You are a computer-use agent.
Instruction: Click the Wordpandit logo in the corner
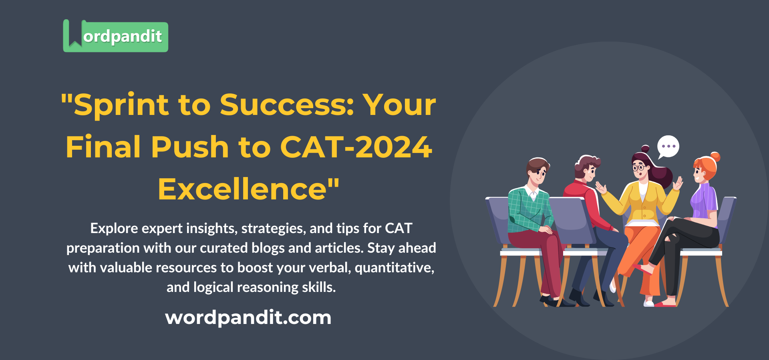point(115,36)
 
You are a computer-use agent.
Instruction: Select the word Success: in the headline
point(287,105)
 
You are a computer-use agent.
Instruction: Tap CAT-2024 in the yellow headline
point(356,147)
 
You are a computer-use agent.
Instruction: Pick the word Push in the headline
point(190,147)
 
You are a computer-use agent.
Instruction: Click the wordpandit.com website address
point(248,318)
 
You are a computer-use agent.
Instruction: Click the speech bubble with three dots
point(668,147)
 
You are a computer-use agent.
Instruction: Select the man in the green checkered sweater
point(529,208)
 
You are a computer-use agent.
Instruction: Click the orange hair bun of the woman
point(715,157)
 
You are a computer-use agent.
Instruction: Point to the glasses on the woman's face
point(638,167)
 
